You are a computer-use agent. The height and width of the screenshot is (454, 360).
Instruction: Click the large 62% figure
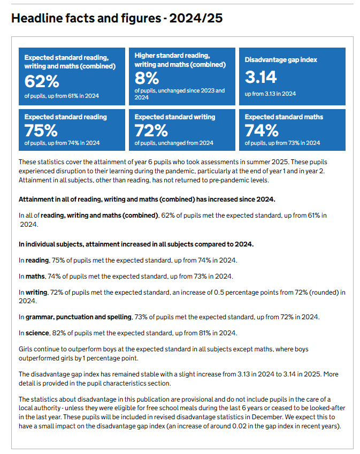(42, 81)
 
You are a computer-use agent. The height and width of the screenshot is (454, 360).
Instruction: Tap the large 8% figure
(147, 78)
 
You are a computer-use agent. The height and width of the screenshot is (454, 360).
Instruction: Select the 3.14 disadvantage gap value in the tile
(261, 78)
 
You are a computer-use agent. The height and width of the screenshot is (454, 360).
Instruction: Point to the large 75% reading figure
(41, 130)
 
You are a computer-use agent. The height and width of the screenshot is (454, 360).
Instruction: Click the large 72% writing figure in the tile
(151, 130)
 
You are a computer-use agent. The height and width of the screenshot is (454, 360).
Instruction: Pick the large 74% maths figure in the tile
(262, 130)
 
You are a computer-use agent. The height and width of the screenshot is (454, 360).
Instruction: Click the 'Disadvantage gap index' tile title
(281, 60)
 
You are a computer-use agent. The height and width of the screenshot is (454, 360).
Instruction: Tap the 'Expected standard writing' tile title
(175, 117)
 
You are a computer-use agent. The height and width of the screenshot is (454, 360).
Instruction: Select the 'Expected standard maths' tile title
(284, 117)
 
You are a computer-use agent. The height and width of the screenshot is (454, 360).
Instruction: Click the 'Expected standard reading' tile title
(66, 117)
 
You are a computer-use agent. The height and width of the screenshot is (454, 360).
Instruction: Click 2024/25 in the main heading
(196, 18)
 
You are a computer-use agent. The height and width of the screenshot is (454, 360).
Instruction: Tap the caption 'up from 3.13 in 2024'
(270, 94)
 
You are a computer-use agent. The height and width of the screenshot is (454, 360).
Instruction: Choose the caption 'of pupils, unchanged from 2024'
(174, 143)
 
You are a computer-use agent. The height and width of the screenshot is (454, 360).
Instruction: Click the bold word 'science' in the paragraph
(37, 333)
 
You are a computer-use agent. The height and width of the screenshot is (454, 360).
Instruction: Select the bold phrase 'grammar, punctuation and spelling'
(79, 317)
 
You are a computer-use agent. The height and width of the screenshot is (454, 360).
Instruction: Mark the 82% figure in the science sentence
(59, 333)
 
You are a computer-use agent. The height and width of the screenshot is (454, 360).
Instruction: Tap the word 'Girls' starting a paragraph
(25, 349)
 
